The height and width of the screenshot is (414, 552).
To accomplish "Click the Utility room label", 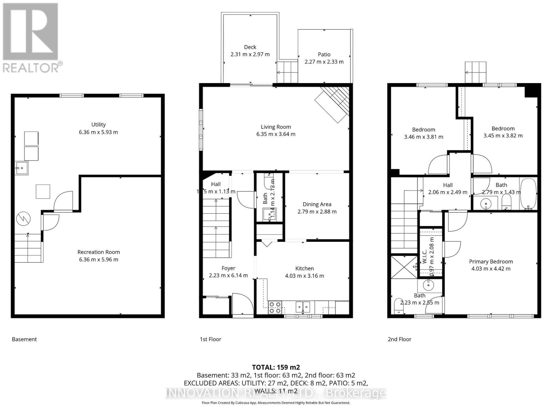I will tap(98, 125).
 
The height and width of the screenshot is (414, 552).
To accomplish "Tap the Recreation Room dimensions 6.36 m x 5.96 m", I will tap(98, 259).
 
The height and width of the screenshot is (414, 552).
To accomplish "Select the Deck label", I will tap(250, 47).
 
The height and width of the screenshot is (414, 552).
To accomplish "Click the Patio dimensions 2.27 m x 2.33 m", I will tap(324, 62).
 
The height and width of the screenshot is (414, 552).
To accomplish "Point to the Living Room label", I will tap(276, 127).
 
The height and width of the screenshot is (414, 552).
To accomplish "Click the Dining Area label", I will tap(317, 204).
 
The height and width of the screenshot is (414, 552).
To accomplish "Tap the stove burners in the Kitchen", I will tap(275, 307).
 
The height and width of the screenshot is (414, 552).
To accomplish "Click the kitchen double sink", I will tap(303, 306).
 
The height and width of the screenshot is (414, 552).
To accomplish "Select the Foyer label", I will tap(228, 268).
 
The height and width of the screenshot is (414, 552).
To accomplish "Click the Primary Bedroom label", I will tap(491, 262).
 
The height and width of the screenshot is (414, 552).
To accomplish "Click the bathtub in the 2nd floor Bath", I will tap(528, 194).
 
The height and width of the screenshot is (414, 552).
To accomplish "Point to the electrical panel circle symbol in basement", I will tap(23, 218).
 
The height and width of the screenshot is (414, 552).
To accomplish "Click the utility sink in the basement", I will tap(21, 168).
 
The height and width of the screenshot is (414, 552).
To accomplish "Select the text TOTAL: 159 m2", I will tap(276, 367).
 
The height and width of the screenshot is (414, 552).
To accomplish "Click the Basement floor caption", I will tap(24, 339).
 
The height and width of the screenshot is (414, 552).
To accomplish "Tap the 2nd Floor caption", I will tap(400, 339).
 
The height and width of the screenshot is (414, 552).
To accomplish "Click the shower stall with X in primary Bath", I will tap(404, 266).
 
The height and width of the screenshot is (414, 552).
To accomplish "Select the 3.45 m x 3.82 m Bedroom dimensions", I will tap(503, 136).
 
